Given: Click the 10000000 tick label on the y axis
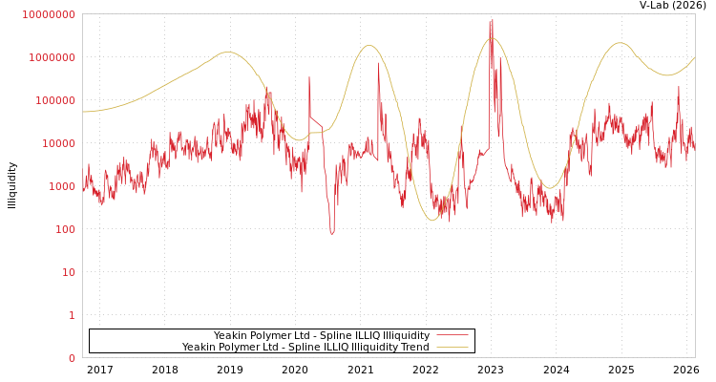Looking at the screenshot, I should pos(49,14).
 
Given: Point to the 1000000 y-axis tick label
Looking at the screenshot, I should pos(52,57).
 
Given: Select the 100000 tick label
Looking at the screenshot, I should pos(54,100).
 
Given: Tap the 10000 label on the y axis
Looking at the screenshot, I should pos(57,143).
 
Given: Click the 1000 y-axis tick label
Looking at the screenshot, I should pos(61,186).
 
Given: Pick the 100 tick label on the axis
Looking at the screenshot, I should pos(65,229).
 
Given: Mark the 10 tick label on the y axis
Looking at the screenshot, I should pos(69,272).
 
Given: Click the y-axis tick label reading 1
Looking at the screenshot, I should pos(72,315).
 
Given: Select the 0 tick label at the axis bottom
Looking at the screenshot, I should pos(72,358).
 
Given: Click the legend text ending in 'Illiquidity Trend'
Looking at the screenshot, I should pos(305,347).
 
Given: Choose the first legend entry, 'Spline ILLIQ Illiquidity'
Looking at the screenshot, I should pos(321,335).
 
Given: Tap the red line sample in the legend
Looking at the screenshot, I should pos(453,335).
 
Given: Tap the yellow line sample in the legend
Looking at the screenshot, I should pos(453,347).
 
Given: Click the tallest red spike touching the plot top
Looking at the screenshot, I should pos(492,20).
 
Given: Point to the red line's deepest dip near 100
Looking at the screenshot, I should pos(332,232).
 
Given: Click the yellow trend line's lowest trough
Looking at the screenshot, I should pos(432,221).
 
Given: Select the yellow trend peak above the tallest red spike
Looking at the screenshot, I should pos(491,38).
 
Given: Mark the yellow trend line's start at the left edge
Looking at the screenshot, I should pos(84,112).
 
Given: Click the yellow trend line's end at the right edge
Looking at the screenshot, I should pos(694,57).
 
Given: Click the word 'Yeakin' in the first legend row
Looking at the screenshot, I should pos(230,335).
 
